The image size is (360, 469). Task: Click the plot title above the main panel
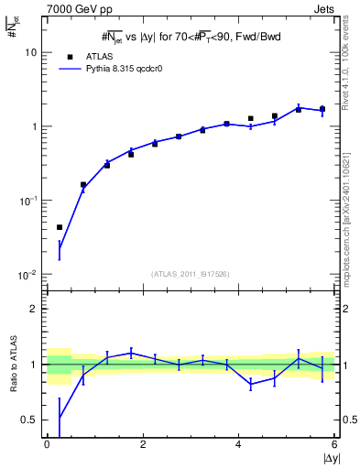pyautogui.click(x=191, y=37)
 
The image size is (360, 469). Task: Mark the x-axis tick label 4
pyautogui.click(x=239, y=444)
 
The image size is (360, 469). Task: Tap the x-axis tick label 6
pyautogui.click(x=334, y=444)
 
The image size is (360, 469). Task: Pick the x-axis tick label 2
pyautogui.click(x=143, y=444)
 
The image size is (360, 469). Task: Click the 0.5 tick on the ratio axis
pyautogui.click(x=33, y=420)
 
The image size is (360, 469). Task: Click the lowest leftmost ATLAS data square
pyautogui.click(x=60, y=227)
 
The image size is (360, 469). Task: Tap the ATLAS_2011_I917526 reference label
pyautogui.click(x=191, y=274)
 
